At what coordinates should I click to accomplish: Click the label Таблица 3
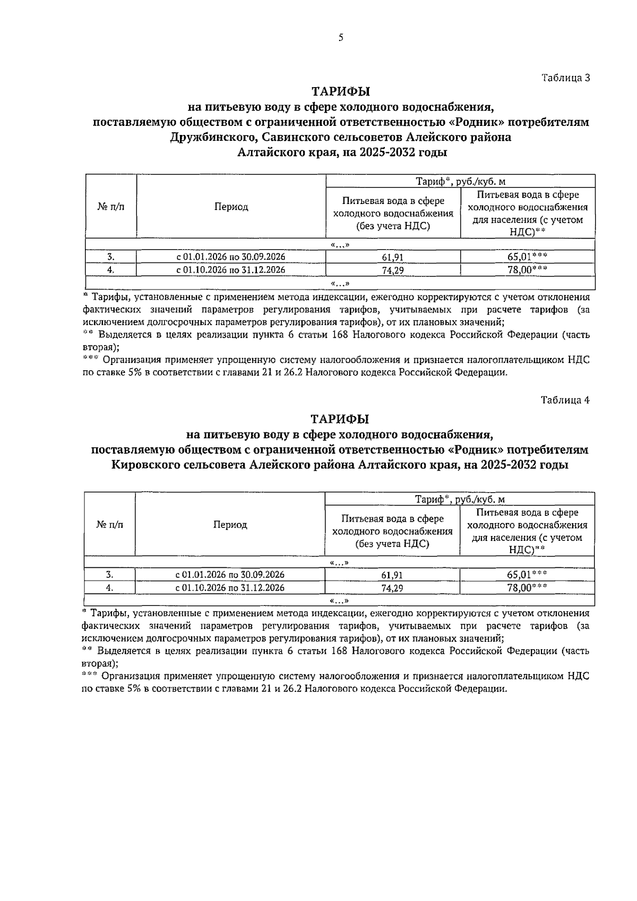coord(565,78)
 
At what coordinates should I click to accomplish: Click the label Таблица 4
coord(565,400)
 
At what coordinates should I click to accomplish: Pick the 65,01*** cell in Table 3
coord(527,257)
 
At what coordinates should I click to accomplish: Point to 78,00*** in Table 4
coord(527,588)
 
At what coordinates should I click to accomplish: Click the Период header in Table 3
coord(231,207)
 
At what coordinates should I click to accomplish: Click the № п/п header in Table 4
coord(109,525)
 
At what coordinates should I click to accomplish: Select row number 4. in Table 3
coord(110,270)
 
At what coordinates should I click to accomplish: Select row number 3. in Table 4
coord(109,575)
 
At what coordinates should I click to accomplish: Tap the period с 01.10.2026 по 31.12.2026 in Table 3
coord(231,270)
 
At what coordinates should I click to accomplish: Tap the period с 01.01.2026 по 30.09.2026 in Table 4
coord(230,575)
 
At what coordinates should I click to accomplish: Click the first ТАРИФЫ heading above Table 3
coord(340,92)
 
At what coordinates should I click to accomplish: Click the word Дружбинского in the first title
coord(208,138)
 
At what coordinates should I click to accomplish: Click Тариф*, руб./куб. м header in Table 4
coord(460,499)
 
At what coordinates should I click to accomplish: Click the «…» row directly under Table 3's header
coord(340,245)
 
